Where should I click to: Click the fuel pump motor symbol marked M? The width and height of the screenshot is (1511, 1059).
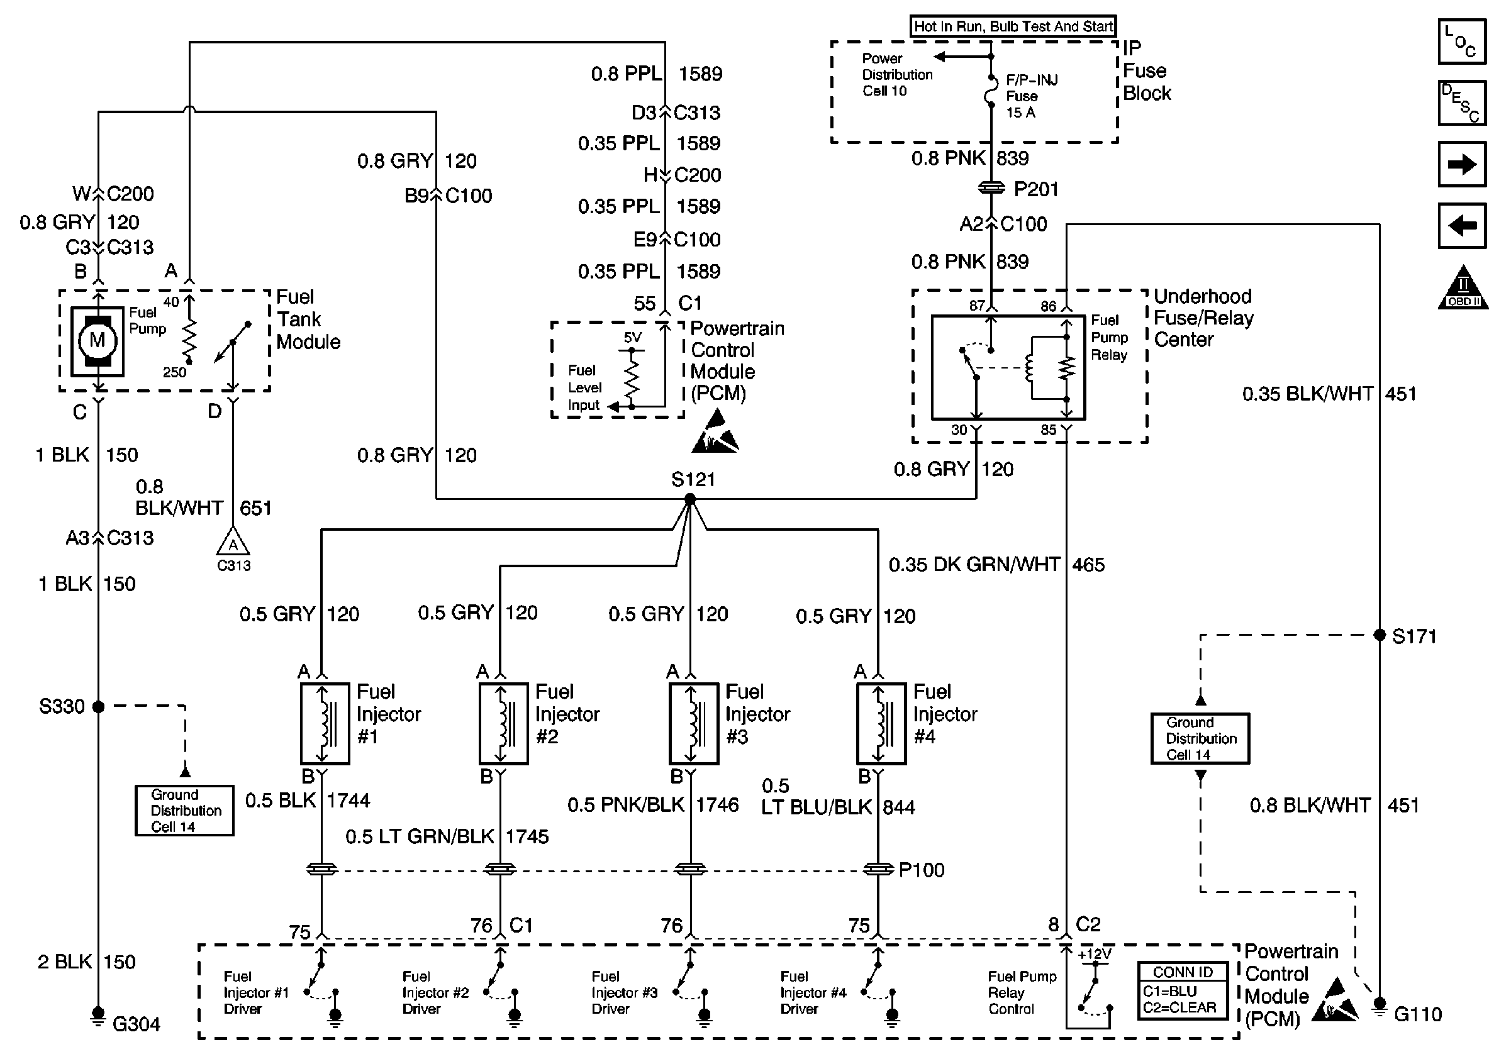(x=98, y=341)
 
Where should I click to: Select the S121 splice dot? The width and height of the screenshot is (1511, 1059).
(x=689, y=500)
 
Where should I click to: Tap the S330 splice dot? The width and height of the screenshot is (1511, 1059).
(x=99, y=707)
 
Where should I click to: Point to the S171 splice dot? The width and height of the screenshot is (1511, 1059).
(x=1380, y=635)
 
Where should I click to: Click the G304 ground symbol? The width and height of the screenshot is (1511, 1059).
(x=98, y=1016)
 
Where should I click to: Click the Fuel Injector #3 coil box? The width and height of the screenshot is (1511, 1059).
(x=694, y=724)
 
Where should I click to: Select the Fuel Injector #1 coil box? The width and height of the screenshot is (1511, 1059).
(x=325, y=724)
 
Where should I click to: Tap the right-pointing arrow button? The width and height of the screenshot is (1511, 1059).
(x=1463, y=164)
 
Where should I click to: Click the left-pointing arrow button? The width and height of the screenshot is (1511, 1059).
(x=1463, y=226)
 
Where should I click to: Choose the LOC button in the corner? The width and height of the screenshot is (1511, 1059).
(x=1463, y=42)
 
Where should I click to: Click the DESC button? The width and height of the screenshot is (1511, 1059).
(x=1463, y=103)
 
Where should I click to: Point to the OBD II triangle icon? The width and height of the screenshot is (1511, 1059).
(x=1463, y=289)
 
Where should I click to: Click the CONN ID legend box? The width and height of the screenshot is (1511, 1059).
(x=1183, y=990)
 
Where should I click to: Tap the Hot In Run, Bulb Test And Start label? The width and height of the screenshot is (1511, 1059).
(x=1013, y=26)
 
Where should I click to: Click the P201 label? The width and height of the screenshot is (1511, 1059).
(x=1036, y=189)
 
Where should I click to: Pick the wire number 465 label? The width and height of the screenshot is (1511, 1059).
(x=1088, y=565)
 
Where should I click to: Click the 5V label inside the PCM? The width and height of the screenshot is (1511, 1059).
(x=632, y=338)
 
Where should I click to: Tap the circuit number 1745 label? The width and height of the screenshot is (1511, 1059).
(x=527, y=836)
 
